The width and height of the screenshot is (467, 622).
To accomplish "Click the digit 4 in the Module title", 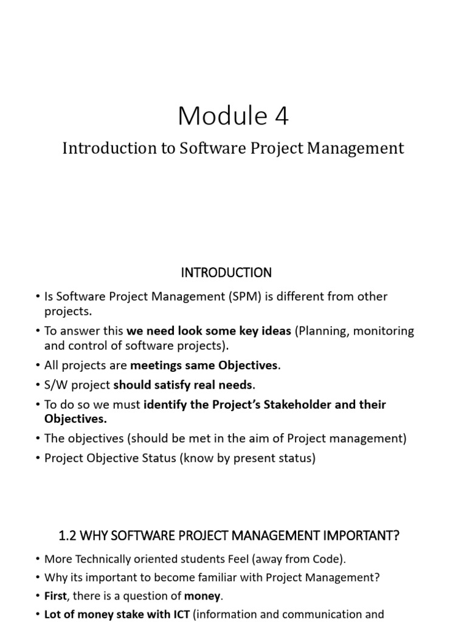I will coord(280,115).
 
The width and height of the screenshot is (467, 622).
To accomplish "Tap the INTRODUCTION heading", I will coord(226,272).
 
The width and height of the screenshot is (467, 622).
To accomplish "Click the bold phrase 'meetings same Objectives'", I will coord(204,366).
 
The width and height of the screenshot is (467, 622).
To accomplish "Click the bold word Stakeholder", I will coord(286,404).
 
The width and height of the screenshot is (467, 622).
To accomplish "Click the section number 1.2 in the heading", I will coord(67,535).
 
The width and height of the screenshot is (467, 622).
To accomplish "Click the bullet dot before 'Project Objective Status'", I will coord(38,458).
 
